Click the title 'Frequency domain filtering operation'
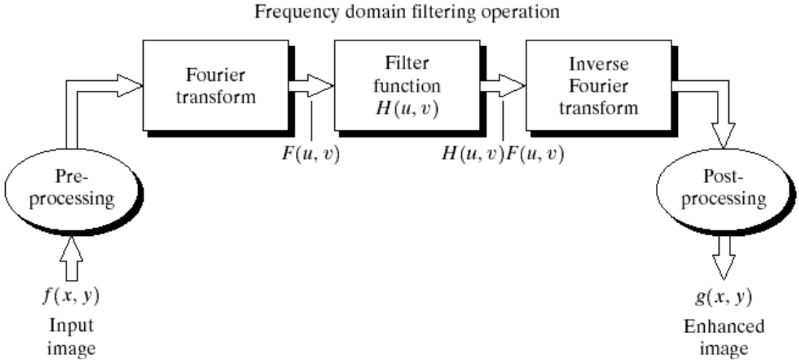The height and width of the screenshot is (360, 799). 399,13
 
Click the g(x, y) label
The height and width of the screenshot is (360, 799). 722,295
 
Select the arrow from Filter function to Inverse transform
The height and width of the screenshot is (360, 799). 501,86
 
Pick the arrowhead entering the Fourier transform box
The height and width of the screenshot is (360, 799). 131,86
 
